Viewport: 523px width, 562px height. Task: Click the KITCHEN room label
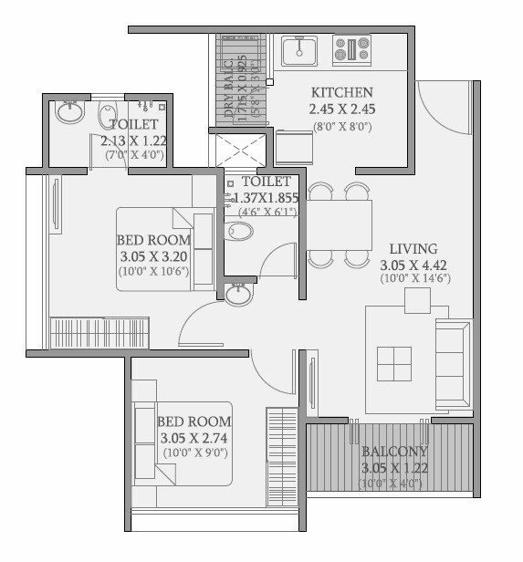click(341, 92)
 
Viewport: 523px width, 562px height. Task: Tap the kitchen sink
click(298, 50)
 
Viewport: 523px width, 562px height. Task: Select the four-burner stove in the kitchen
click(351, 49)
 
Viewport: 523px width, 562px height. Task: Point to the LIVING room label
click(413, 248)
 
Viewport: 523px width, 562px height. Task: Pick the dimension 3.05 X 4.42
click(413, 265)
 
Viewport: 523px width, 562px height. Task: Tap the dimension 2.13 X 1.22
click(133, 140)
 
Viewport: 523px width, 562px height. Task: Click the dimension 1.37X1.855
click(262, 197)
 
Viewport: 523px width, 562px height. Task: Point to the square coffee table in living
click(393, 363)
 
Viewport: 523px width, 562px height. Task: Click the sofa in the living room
click(454, 364)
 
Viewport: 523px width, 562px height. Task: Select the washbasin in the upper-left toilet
click(69, 112)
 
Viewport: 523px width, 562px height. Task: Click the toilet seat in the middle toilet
click(238, 231)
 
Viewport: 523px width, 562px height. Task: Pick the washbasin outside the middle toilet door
click(238, 294)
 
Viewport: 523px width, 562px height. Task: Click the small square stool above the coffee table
click(417, 300)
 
